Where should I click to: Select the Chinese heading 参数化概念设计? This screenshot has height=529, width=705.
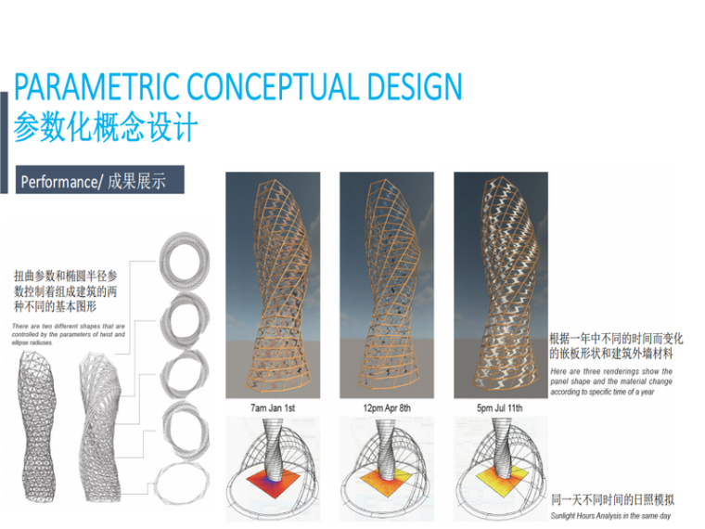coord(106,127)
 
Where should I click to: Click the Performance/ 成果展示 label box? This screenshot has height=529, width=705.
coord(93,181)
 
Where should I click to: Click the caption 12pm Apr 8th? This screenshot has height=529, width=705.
coord(389,408)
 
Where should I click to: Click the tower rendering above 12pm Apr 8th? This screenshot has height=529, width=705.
coord(388,288)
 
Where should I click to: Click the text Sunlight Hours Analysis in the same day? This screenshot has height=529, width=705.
coord(609,514)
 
